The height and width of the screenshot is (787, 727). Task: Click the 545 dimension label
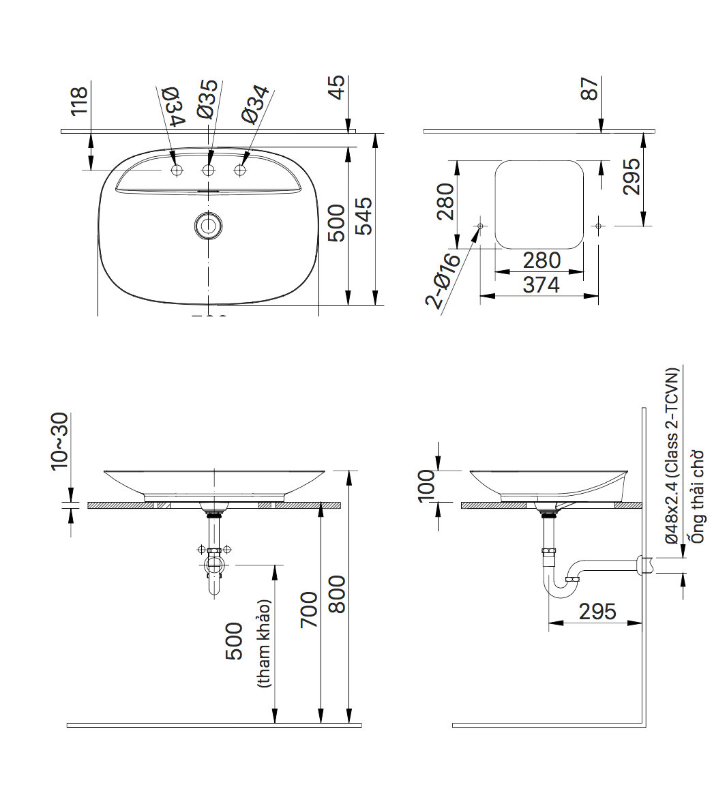[x=366, y=216]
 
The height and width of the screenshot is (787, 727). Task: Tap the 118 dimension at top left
[x=79, y=100]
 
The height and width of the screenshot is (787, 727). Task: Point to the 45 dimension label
[x=337, y=88]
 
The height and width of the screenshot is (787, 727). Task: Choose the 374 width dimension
[x=541, y=285]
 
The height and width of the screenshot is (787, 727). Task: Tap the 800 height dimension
[x=337, y=595]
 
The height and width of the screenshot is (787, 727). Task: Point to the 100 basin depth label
[x=427, y=486]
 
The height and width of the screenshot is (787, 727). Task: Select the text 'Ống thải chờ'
[x=697, y=496]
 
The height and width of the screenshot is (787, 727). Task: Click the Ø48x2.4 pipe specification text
[x=672, y=456]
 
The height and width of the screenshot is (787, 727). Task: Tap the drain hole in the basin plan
[x=208, y=226]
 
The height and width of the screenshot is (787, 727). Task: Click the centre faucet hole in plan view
[x=209, y=170]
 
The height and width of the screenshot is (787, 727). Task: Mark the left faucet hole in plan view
[x=177, y=170]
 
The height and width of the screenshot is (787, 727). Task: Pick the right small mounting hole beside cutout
[x=598, y=225]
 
